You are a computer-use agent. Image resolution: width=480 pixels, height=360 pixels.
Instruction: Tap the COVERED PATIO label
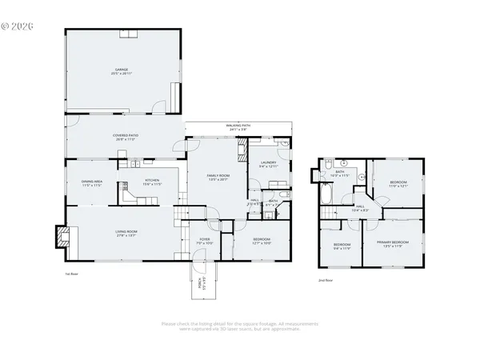[x=126, y=137]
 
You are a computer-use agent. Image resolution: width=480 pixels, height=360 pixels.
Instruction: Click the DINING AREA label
[x=92, y=183]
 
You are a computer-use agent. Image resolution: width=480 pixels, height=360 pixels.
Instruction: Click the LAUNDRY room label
[x=268, y=164]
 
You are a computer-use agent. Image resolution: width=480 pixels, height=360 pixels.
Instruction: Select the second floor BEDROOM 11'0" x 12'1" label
[x=398, y=184]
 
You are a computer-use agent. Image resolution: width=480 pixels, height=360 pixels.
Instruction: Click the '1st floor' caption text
[x=72, y=273]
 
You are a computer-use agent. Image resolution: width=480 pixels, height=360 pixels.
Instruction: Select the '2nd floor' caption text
[x=326, y=281]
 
